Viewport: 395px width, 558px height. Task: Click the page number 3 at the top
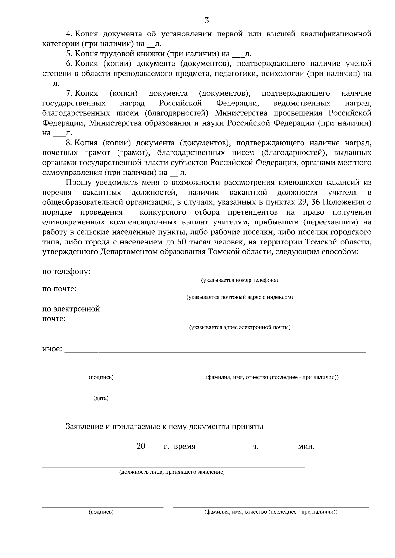[x=207, y=21]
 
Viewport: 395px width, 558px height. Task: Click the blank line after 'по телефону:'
[x=233, y=275]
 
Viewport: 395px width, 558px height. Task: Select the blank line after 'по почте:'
[x=233, y=292]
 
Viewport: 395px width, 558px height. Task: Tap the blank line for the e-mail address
[x=240, y=323]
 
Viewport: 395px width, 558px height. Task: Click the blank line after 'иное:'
[x=215, y=352]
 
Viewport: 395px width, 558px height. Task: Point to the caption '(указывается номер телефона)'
[x=240, y=280]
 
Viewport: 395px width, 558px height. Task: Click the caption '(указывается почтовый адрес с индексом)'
[x=240, y=297]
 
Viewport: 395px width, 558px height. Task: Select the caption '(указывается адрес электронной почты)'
[x=240, y=328]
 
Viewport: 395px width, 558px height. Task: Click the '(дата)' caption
[x=101, y=398]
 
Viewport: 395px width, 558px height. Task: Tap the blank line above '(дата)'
[x=103, y=393]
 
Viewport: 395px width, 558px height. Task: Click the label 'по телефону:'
[x=66, y=272]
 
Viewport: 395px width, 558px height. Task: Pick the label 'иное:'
[x=52, y=349]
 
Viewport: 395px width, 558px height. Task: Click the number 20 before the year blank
[x=141, y=446]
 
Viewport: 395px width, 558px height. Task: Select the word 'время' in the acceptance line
[x=184, y=447]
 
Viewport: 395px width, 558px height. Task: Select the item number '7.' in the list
[x=69, y=93]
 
